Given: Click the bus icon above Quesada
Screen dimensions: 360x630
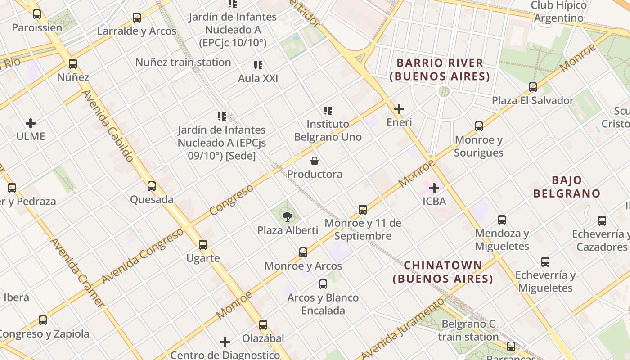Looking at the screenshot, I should point(152,186).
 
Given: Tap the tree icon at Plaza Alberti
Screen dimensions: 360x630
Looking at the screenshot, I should point(287,217).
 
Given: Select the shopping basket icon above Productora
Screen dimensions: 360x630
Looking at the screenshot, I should point(315,161).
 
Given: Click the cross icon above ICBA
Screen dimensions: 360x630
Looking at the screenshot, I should point(434,188).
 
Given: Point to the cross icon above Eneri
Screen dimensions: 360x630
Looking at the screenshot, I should point(399,109).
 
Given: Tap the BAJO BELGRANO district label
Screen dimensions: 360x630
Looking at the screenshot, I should point(567,187).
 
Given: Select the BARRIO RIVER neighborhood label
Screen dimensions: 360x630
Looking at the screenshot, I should point(440,70).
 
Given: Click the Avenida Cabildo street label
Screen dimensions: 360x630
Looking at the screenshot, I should point(108,126).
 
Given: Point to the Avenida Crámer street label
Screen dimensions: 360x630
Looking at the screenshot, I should point(77,273).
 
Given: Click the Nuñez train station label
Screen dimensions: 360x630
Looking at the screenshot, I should point(183,63).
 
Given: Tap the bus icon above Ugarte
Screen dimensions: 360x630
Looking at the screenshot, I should point(203,245).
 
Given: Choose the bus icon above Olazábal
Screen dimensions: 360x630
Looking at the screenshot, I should point(263,325).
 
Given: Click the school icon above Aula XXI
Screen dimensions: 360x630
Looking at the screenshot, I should point(258,66).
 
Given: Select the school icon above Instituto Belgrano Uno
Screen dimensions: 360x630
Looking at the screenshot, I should point(328,111).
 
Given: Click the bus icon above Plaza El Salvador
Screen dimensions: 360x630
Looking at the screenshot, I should point(533,87).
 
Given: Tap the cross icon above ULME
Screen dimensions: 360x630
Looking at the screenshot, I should point(31,123).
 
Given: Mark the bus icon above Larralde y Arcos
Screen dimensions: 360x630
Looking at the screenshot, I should point(137,18).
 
